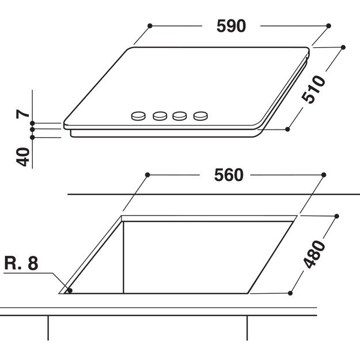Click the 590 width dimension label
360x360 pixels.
tap(230, 26)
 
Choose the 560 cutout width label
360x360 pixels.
tap(229, 175)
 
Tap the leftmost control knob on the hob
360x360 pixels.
tap(138, 116)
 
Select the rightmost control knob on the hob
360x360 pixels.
tap(200, 116)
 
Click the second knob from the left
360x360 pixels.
tap(160, 116)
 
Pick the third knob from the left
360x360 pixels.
tap(180, 116)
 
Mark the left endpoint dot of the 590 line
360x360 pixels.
tap(150, 26)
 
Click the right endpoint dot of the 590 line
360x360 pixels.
tap(329, 26)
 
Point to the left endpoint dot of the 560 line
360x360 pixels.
tap(148, 175)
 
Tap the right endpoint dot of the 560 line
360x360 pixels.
tap(324, 175)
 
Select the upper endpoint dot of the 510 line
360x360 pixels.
tap(343, 47)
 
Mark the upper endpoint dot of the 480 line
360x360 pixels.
tap(336, 216)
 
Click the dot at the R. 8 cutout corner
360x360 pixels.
tap(70, 291)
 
